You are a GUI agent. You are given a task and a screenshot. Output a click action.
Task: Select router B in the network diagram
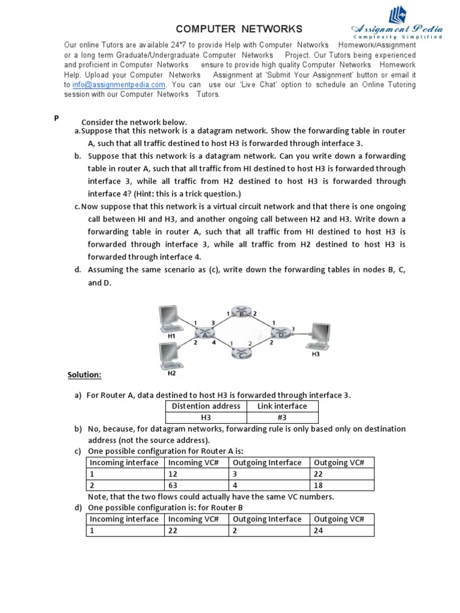click(243, 314)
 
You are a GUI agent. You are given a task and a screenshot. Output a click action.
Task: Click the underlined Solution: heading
click(84, 375)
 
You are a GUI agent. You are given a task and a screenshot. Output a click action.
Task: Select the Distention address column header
click(206, 406)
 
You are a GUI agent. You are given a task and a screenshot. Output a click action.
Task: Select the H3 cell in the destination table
click(206, 418)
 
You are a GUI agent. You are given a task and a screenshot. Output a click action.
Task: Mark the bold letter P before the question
click(56, 118)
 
